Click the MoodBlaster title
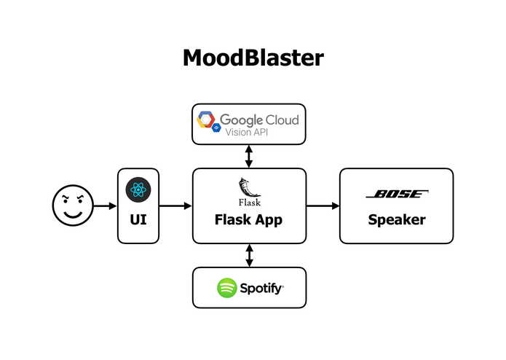pyautogui.click(x=253, y=58)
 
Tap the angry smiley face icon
pyautogui.click(x=73, y=206)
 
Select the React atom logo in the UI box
pyautogui.click(x=138, y=190)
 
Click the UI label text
pyautogui.click(x=138, y=220)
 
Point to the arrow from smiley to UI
pyautogui.click(x=105, y=206)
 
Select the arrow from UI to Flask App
pyautogui.click(x=175, y=206)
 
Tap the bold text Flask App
pyautogui.click(x=249, y=219)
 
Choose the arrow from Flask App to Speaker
pyautogui.click(x=323, y=206)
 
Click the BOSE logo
pyautogui.click(x=396, y=195)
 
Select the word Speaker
pyautogui.click(x=396, y=219)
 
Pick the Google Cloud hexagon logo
pyautogui.click(x=206, y=120)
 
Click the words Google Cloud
pyautogui.click(x=259, y=119)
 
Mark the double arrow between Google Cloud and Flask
pyautogui.click(x=249, y=155)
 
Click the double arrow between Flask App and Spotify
pyautogui.click(x=249, y=255)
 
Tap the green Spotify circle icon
pyautogui.click(x=227, y=288)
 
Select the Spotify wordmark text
pyautogui.click(x=262, y=288)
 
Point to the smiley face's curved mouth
pyautogui.click(x=73, y=215)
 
